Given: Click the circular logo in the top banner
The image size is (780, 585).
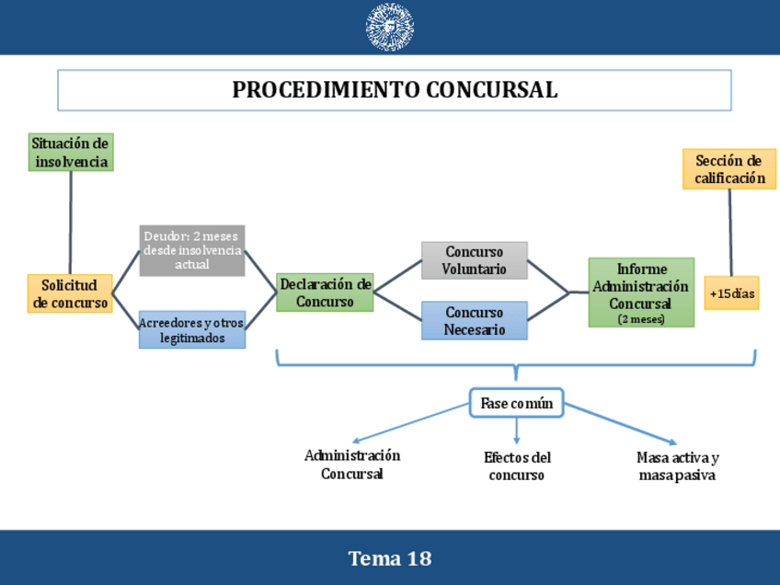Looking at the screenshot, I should point(390,27).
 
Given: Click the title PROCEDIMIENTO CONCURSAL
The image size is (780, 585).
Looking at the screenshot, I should point(395,90).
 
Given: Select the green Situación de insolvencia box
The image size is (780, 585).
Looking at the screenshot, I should point(71,153).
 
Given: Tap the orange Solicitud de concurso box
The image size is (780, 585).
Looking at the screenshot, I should point(70,294).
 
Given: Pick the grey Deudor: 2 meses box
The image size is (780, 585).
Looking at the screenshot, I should point(192,250).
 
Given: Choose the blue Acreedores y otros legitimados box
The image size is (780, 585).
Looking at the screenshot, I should point(192,330).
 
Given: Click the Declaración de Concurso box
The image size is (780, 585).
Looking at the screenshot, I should point(325,292).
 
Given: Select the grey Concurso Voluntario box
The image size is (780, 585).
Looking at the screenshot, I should point(474,260).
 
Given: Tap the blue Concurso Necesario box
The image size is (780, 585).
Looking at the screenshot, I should point(474,321).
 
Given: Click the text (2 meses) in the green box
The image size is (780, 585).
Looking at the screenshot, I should point(641,319).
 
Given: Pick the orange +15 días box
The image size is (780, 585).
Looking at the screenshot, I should point(732,293).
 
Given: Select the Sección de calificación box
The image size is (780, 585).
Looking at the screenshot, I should point(729,169).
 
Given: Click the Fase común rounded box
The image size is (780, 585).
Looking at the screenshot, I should point(516,403).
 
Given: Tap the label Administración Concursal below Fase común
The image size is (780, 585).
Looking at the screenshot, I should point(352,465).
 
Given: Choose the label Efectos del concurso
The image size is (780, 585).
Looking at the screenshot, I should point(517,466).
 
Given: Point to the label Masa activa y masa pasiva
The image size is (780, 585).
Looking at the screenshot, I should point(677,466).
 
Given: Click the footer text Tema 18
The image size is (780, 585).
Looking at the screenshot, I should point(390,558).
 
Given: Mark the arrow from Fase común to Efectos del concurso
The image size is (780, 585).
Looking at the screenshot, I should point(517,431).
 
